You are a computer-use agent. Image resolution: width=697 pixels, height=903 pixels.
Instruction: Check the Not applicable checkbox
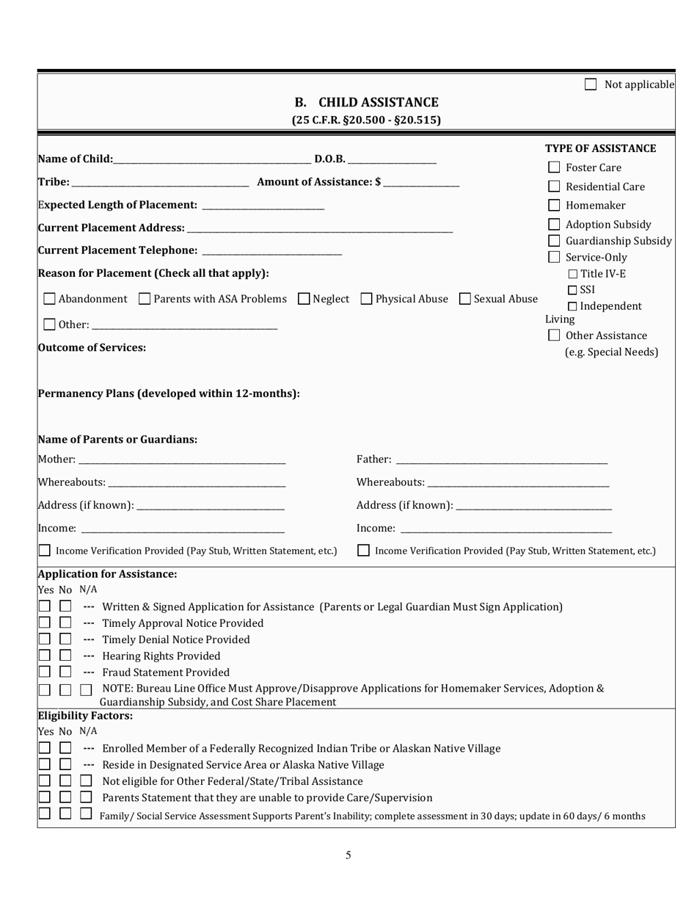[591, 85]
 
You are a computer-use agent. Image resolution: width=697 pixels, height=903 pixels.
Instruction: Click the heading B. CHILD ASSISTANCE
[366, 103]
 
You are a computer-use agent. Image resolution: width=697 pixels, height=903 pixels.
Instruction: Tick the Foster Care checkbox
[555, 167]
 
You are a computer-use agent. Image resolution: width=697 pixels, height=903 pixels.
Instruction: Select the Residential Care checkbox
[555, 186]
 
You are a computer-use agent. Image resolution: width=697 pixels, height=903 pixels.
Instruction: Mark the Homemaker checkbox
[555, 206]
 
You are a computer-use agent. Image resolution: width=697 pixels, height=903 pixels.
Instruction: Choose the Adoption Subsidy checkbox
[555, 225]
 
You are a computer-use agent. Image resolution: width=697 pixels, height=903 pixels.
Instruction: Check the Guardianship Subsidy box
[555, 241]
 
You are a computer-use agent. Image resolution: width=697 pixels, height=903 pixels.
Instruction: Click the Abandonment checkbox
[49, 300]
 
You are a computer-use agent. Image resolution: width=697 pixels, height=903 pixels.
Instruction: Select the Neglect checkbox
[304, 300]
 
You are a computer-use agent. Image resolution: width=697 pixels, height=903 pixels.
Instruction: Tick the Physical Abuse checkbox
[366, 300]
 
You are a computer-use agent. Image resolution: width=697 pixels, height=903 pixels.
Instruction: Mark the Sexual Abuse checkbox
[464, 300]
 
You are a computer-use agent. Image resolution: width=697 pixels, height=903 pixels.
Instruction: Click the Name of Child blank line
[212, 160]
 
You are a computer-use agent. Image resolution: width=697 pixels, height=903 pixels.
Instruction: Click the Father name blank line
[501, 460]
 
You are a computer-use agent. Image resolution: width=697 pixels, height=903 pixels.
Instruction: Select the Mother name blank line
[182, 460]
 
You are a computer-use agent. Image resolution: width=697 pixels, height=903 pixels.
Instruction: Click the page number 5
[348, 855]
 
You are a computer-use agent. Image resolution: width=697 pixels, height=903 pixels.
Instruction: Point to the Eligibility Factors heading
[85, 715]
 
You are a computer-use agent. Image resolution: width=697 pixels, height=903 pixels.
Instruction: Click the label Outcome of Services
[92, 348]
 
